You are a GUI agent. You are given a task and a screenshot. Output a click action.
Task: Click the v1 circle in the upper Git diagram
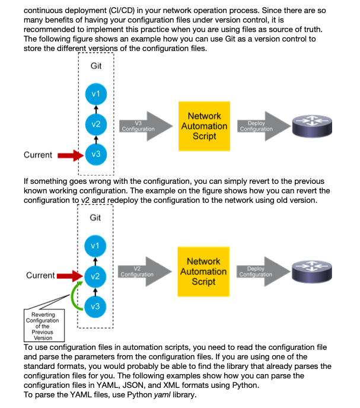96,94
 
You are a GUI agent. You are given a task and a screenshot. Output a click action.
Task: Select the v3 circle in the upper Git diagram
96,154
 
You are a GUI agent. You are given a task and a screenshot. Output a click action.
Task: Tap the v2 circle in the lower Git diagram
95,276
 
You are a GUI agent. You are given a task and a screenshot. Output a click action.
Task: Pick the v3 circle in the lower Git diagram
95,307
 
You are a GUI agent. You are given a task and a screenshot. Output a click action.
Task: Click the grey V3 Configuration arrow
146,126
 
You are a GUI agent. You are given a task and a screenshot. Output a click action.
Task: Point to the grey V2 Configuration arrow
145,272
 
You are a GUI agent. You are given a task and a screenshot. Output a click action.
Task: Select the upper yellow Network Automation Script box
205,126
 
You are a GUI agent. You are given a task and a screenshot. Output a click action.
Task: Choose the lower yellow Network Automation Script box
203,272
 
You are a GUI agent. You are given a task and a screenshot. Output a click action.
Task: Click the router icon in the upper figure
312,126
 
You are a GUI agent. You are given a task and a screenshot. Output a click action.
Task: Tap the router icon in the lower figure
312,272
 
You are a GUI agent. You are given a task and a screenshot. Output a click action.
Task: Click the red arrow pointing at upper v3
71,155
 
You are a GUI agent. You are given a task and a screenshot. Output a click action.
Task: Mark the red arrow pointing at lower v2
70,276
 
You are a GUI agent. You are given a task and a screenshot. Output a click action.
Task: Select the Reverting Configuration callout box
44,326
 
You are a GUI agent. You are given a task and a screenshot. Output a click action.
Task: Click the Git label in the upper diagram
96,66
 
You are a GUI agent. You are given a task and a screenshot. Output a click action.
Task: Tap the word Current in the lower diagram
40,275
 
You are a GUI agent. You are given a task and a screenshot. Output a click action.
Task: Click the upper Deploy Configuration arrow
264,126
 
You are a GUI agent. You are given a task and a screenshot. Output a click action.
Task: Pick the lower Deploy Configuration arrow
263,272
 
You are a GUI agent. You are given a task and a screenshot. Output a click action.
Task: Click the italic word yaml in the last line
162,395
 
